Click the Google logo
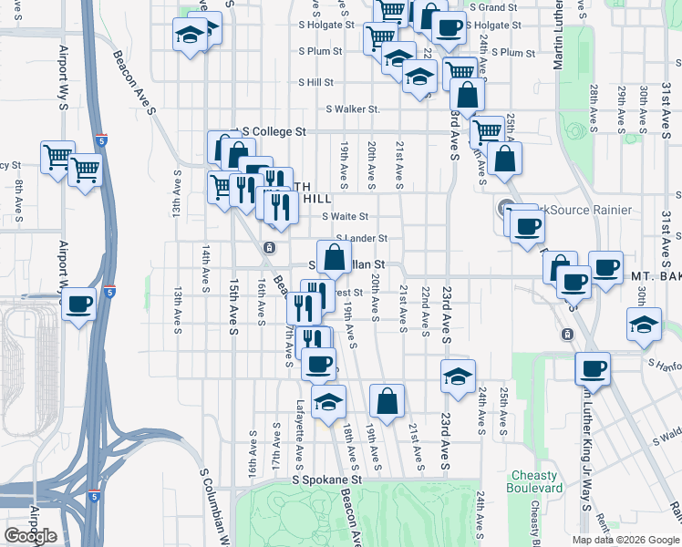click(x=30, y=536)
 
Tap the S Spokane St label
click(x=326, y=479)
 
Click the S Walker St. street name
click(x=351, y=109)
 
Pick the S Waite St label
click(x=345, y=217)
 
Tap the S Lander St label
click(x=361, y=239)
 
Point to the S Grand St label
click(x=493, y=7)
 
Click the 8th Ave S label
click(x=18, y=201)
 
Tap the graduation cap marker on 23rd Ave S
click(x=458, y=375)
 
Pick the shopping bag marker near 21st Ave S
click(x=387, y=400)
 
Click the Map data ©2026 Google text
click(x=625, y=540)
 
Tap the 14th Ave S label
click(x=206, y=261)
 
